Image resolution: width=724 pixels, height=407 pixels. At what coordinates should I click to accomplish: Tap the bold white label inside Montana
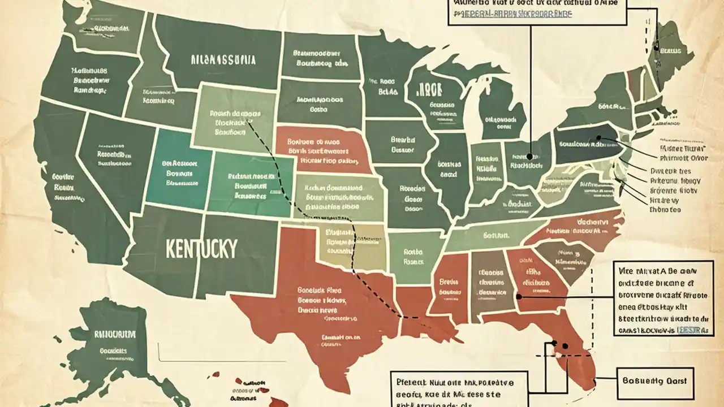tap(223, 59)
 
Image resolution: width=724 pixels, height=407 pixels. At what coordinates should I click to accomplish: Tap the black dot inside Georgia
tap(520, 295)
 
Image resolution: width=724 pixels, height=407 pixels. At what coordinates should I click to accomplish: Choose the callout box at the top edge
tap(537, 11)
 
